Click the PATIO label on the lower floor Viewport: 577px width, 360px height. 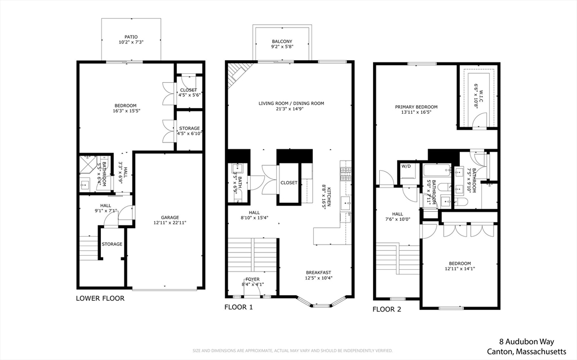[131, 37]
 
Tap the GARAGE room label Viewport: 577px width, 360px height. [170, 217]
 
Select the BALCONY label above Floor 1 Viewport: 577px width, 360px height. [282, 41]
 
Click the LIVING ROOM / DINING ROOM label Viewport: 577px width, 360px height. [291, 103]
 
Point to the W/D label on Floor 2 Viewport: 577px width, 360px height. [406, 167]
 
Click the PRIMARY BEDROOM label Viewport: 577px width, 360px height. [416, 106]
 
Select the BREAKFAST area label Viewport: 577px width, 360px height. [318, 272]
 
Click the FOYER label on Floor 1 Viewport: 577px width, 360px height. [252, 279]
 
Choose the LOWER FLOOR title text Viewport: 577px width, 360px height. [100, 298]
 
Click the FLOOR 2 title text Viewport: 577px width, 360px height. [387, 309]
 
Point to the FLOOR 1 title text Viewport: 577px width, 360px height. [238, 307]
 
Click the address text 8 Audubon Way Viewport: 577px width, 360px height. [527, 341]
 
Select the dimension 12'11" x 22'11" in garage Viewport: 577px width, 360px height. [170, 223]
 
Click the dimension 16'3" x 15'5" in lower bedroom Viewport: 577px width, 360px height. [125, 111]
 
